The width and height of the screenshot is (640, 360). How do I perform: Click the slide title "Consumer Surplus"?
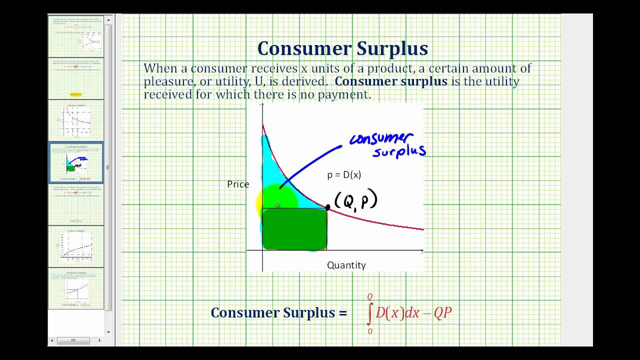[342, 49]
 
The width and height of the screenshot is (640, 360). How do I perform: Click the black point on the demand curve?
[327, 207]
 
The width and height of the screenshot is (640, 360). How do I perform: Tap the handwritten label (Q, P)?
[355, 201]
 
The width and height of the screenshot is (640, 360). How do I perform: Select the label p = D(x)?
[344, 175]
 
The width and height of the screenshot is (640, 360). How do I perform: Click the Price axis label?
[238, 184]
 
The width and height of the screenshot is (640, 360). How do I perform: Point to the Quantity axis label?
[346, 265]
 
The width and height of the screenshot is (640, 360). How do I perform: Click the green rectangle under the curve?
[294, 229]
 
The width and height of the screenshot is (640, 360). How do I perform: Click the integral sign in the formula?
[369, 313]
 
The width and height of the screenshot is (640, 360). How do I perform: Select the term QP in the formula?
[442, 313]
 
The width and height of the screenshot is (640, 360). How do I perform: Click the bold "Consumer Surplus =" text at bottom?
[278, 313]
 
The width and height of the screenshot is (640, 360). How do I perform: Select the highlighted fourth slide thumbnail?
[76, 162]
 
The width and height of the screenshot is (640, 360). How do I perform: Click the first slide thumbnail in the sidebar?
[76, 36]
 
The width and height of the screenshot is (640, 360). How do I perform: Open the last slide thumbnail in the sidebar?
[76, 288]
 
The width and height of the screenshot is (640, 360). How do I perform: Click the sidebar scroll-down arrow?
[108, 332]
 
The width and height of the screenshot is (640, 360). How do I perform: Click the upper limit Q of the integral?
[370, 297]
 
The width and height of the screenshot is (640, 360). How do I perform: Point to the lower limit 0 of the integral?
[370, 331]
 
